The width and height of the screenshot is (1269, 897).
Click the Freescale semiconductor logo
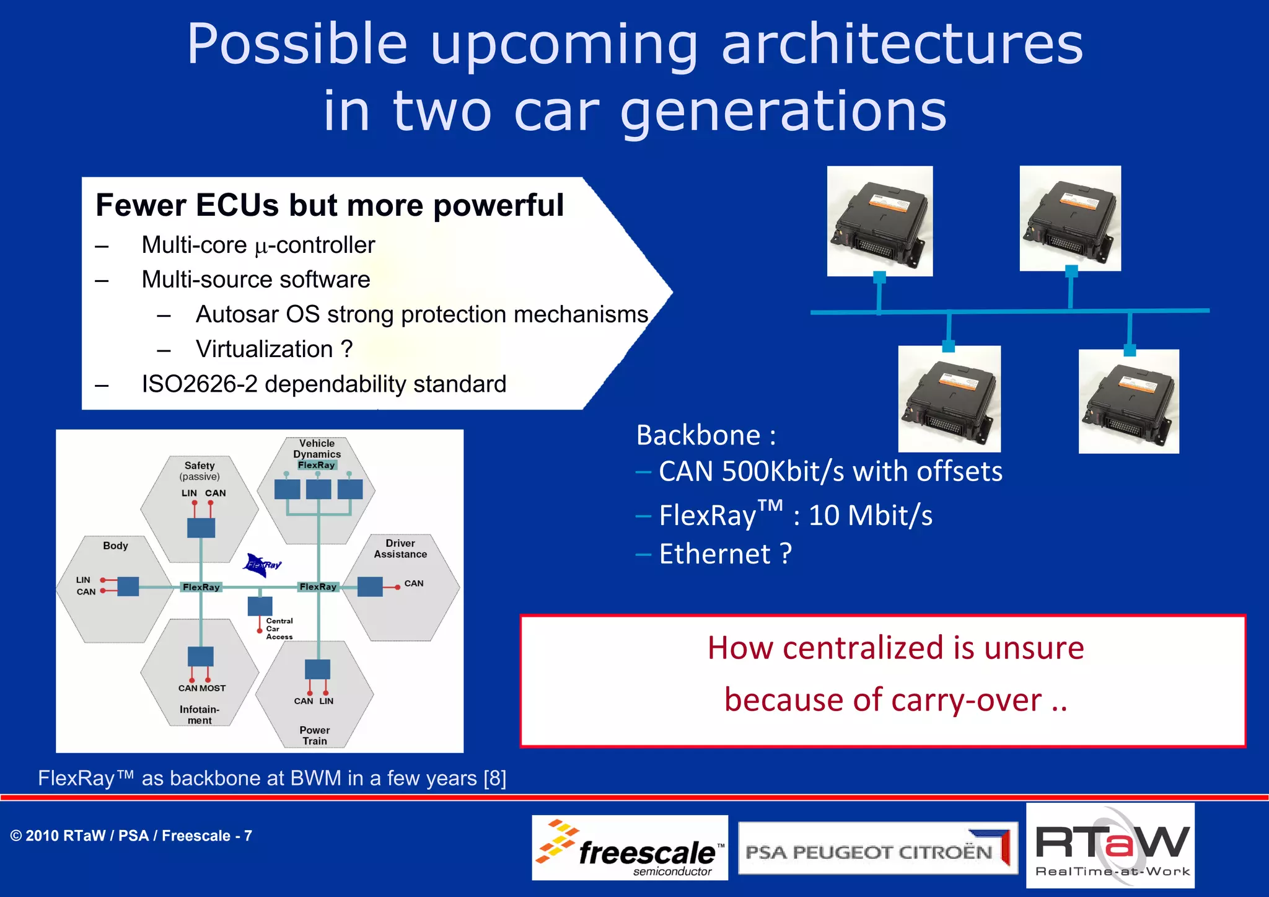[x=630, y=848]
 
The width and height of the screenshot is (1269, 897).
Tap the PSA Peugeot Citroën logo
[x=877, y=849]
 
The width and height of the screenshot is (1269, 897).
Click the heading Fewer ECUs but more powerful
[x=329, y=205]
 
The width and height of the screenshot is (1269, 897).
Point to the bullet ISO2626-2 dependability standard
[x=323, y=384]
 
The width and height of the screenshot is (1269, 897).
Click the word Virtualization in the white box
[x=265, y=349]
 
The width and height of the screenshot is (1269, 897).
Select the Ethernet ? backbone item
[x=725, y=554]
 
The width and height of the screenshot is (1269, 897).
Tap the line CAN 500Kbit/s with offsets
[x=830, y=471]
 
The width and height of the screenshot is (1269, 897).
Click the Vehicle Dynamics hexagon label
[x=317, y=449]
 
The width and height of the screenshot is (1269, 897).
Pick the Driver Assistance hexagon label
[x=400, y=549]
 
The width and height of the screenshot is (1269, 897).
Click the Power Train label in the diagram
[x=315, y=735]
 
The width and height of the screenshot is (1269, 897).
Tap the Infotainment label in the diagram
[x=200, y=715]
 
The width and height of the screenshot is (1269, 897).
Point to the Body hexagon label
[x=115, y=546]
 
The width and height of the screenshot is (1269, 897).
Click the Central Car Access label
[x=279, y=629]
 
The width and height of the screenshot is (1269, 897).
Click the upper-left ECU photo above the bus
[x=879, y=221]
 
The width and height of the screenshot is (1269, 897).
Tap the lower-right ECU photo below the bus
[x=1128, y=401]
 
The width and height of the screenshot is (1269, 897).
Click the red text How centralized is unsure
[x=895, y=648]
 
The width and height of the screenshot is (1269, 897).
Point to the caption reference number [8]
[x=495, y=778]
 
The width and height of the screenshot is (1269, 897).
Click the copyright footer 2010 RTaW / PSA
[x=131, y=836]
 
